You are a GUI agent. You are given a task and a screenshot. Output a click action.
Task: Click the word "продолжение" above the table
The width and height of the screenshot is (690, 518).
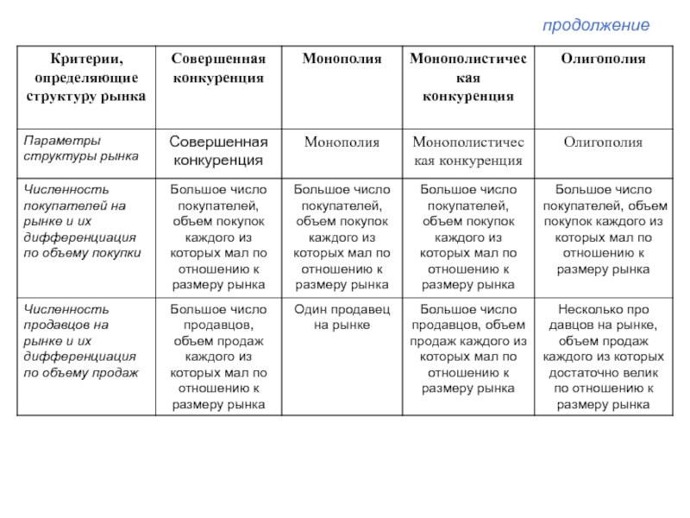pos(595,26)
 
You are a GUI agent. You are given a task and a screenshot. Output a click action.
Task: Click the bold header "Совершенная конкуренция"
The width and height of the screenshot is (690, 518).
pos(216,68)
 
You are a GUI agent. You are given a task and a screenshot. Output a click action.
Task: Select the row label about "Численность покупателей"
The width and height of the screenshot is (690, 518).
pos(77,221)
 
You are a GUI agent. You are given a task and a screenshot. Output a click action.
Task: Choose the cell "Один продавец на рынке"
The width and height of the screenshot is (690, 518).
pos(342,317)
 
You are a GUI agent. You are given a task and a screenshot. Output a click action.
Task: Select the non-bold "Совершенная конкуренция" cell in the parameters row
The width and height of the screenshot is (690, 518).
pos(216,150)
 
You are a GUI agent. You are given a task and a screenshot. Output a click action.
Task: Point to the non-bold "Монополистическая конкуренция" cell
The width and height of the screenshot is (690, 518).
pos(467,150)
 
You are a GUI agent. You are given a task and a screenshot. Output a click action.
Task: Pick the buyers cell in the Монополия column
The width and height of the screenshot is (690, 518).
pos(342,237)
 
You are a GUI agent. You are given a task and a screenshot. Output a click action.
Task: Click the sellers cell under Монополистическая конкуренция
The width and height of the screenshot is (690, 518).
pos(467,348)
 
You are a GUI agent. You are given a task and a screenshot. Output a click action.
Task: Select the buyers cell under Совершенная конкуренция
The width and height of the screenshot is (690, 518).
pos(217,237)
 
